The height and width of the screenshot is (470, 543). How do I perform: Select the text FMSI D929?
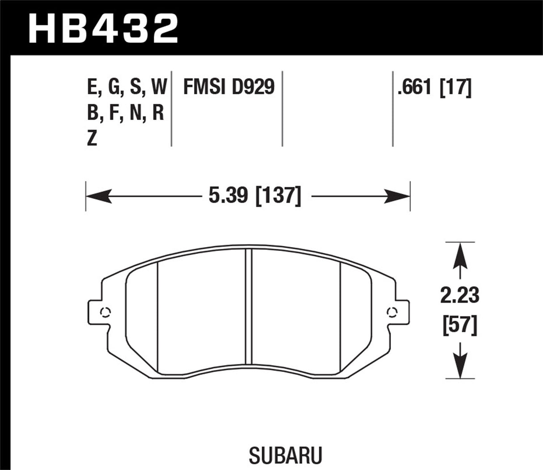tap(229, 86)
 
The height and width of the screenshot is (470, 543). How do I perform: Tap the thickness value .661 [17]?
tap(434, 86)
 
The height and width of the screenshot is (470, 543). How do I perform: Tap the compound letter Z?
tap(92, 139)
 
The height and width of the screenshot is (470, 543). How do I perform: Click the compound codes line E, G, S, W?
tap(127, 87)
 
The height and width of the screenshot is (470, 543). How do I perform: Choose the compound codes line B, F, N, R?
tap(126, 113)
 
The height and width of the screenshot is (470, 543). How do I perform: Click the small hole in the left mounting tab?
tap(106, 312)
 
